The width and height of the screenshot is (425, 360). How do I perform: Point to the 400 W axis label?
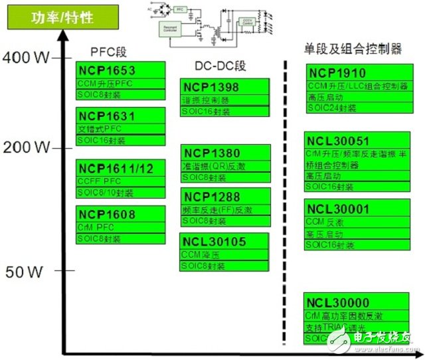tap(27, 58)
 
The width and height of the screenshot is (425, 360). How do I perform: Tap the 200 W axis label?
tap(27, 146)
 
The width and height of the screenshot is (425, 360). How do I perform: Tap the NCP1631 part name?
tap(106, 117)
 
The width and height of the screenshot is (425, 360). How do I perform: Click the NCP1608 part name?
tap(106, 215)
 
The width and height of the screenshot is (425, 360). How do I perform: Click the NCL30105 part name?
tap(214, 242)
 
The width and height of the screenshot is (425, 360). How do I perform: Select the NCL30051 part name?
tap(341, 140)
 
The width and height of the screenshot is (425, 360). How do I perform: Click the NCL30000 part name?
tap(341, 302)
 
